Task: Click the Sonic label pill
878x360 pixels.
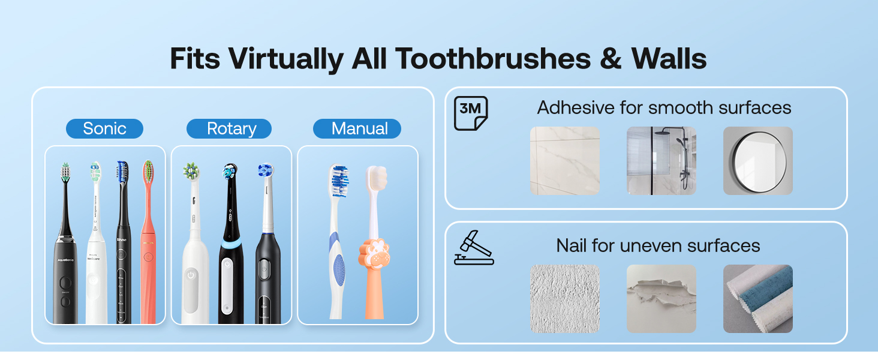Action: (x=104, y=128)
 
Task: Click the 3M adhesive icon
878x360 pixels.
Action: (x=470, y=113)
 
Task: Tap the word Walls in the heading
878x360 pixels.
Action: (x=669, y=59)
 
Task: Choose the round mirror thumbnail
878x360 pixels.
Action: (x=757, y=160)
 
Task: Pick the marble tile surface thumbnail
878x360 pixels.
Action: (x=564, y=160)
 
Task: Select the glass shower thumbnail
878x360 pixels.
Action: (x=661, y=160)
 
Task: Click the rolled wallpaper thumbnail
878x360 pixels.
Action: (x=757, y=298)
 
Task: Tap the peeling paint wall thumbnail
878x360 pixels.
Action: (x=661, y=298)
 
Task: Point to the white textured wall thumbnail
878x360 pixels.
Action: (x=564, y=298)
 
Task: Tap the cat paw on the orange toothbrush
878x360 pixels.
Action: (x=374, y=254)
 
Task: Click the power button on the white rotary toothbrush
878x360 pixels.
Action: (x=191, y=275)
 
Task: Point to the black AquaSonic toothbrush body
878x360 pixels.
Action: (x=65, y=282)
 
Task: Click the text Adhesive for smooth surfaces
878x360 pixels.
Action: (x=664, y=108)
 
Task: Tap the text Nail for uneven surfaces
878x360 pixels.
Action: (x=658, y=245)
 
